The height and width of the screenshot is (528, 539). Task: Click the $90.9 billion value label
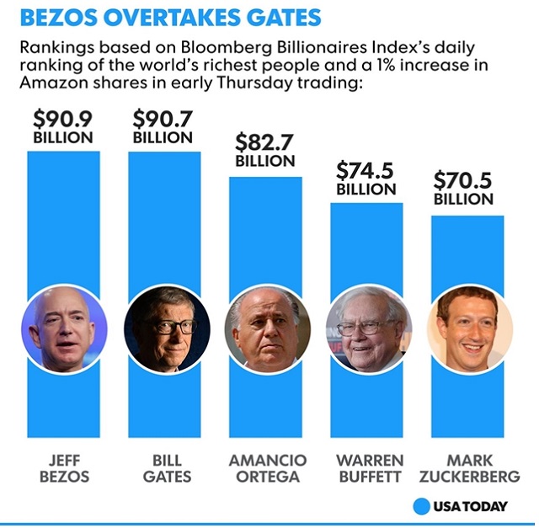pyautogui.click(x=63, y=127)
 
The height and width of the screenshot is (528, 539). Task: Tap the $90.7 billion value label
pyautogui.click(x=164, y=127)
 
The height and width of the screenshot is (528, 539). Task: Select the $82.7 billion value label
pyautogui.click(x=265, y=151)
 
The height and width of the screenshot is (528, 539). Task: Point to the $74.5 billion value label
pyautogui.click(x=366, y=179)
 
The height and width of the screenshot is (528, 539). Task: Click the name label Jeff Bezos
pyautogui.click(x=63, y=467)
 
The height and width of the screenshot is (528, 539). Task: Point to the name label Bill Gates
pyautogui.click(x=165, y=467)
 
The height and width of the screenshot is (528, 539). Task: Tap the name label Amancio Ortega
pyautogui.click(x=266, y=467)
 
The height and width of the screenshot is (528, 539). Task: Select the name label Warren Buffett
pyautogui.click(x=367, y=467)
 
